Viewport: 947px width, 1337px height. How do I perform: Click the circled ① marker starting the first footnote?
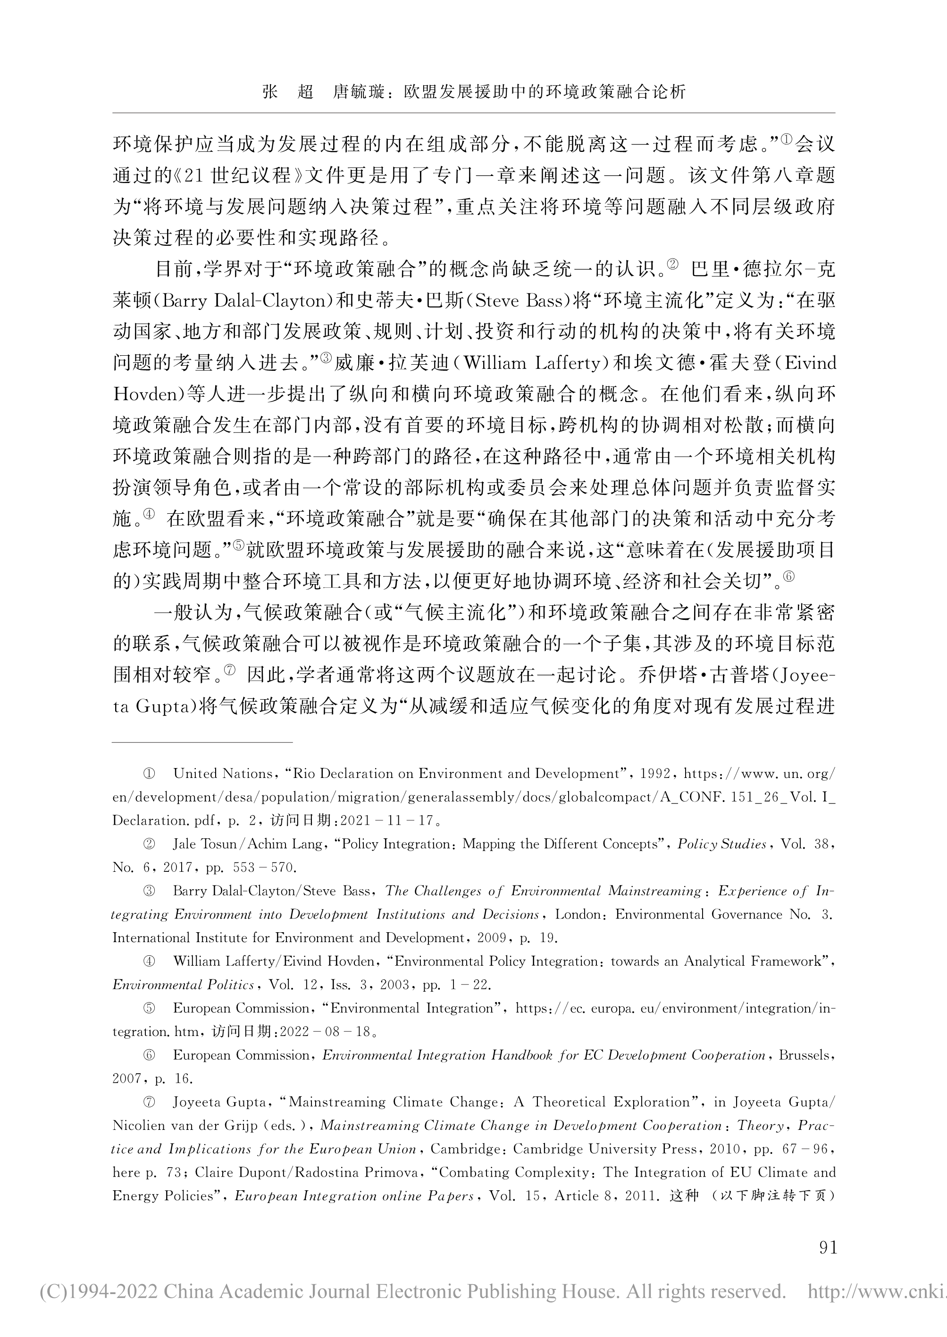click(x=149, y=774)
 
